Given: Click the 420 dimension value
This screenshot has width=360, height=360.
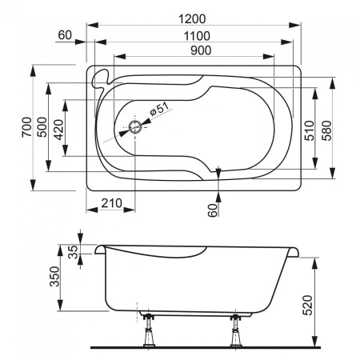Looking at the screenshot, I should pos(58,127).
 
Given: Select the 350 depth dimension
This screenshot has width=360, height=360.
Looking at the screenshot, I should pos(55,277).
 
